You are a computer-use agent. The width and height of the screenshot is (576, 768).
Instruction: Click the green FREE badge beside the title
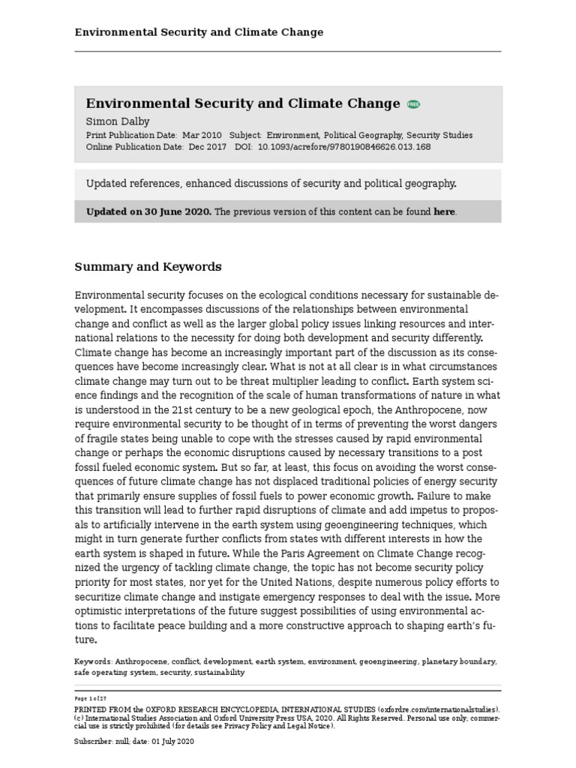pyautogui.click(x=413, y=104)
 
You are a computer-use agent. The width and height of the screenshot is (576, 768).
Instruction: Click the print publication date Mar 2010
pyautogui.click(x=202, y=135)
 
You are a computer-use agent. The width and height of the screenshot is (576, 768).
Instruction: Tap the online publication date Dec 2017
pyautogui.click(x=207, y=147)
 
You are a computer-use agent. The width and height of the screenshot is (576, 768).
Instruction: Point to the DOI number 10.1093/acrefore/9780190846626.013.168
pyautogui.click(x=343, y=147)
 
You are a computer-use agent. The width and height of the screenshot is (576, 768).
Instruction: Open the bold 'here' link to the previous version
pyautogui.click(x=444, y=211)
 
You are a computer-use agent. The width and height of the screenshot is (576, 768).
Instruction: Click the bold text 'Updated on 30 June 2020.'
pyautogui.click(x=149, y=211)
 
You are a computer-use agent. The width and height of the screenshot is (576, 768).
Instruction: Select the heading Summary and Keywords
pyautogui.click(x=148, y=266)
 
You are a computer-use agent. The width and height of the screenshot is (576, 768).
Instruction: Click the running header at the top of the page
pyautogui.click(x=199, y=32)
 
